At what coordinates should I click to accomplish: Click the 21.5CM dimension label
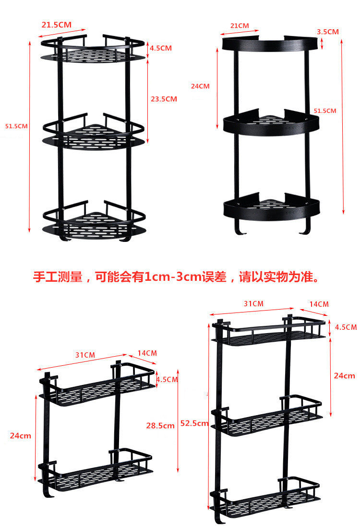click(x=57, y=24)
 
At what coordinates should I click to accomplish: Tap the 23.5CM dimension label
click(x=164, y=99)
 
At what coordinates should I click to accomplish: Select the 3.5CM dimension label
click(x=328, y=32)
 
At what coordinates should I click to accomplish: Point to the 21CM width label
click(x=240, y=25)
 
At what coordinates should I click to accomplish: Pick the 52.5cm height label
click(x=195, y=423)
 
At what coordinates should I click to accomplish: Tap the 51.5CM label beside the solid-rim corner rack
click(x=325, y=110)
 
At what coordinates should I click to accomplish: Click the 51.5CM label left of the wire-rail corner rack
click(x=16, y=126)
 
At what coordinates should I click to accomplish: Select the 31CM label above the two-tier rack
click(x=85, y=355)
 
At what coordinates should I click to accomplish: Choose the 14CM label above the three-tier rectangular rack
click(x=319, y=304)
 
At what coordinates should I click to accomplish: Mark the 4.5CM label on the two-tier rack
click(x=168, y=379)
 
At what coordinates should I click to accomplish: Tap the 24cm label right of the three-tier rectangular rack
click(x=345, y=375)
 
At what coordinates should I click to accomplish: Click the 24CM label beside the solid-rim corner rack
click(x=200, y=86)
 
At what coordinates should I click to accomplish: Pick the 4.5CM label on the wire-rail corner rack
click(x=160, y=48)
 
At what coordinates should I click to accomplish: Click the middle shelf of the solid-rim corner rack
click(x=271, y=124)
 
